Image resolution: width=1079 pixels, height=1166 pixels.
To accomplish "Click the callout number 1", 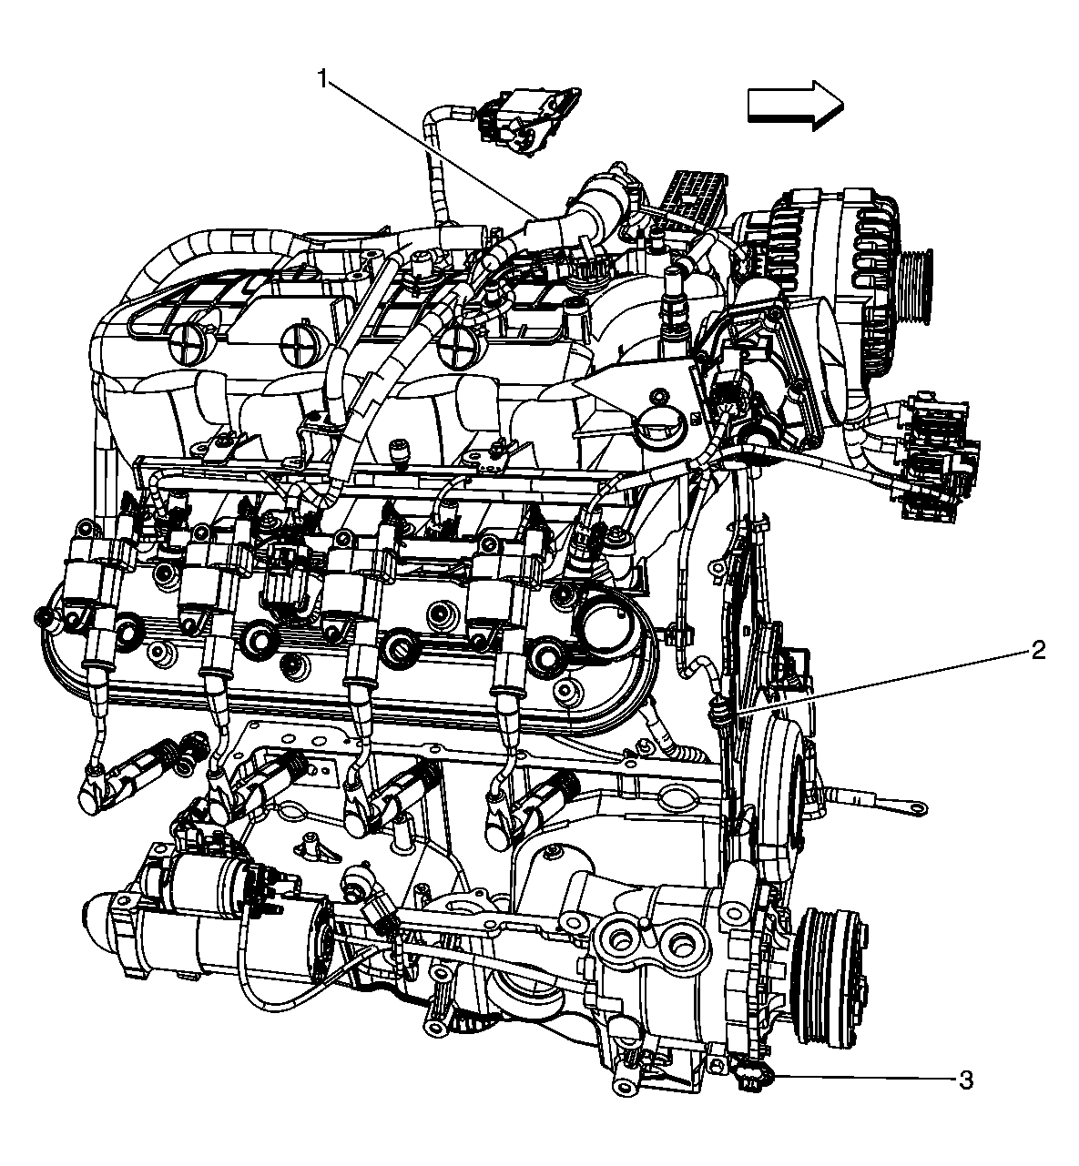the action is click(x=322, y=78).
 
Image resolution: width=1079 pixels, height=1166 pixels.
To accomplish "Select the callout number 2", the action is click(x=1038, y=651).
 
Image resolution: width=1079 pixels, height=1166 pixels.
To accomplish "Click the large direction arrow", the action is click(x=795, y=106).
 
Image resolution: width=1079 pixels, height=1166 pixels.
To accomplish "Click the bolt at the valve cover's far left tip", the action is click(x=42, y=616).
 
